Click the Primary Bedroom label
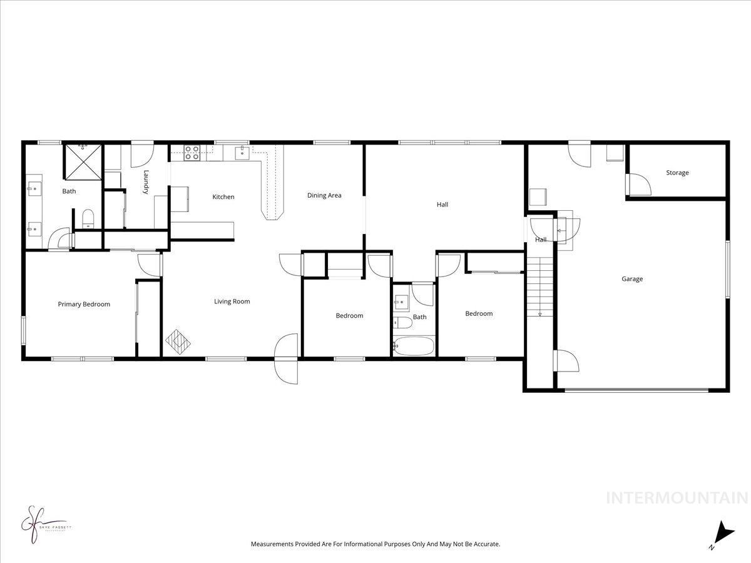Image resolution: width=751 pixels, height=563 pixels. pos(84,305)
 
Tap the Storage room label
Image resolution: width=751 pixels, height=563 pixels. pos(677,173)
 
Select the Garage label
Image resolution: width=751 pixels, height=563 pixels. pos(631,279)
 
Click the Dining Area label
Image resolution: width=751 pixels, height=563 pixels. pos(324,195)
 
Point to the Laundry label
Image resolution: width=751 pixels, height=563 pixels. pos(146,182)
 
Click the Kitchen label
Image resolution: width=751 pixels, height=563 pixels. pos(223,197)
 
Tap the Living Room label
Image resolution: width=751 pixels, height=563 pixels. pos(232,302)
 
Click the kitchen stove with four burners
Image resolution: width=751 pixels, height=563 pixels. pos(192,153)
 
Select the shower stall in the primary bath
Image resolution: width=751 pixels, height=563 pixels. pos(83,161)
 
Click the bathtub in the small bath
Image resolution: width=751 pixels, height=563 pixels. pos(413,346)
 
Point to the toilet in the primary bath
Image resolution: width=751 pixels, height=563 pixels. pos(88,218)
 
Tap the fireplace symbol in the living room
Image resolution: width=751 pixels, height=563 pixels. pos(178,342)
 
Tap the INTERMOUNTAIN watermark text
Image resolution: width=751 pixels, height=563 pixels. pos(677,499)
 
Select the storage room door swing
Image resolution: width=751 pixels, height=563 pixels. pos(637,184)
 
